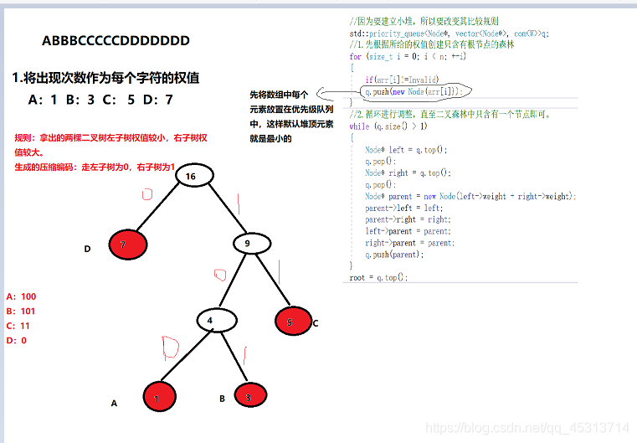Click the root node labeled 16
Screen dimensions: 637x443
pos(191,177)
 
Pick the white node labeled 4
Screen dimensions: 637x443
pos(216,320)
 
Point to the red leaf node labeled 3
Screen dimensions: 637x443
pos(249,397)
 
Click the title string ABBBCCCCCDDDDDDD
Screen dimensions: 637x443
pos(116,40)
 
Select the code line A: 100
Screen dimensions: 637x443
pos(21,296)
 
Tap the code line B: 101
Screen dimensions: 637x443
pos(21,312)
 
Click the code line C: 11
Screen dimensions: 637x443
pos(18,326)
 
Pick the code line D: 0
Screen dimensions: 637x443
pos(16,341)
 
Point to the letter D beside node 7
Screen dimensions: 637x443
pos(87,249)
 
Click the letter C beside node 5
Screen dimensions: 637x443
pos(316,323)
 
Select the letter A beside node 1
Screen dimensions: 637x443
pos(114,403)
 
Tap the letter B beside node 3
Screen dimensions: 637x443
pos(222,399)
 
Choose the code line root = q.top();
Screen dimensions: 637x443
pos(378,277)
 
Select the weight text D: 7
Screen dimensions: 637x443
pos(158,100)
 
